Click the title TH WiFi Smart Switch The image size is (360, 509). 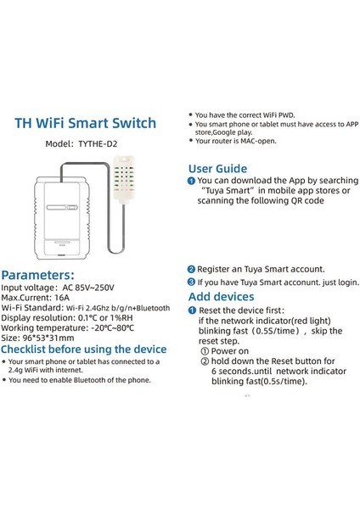pos(86,124)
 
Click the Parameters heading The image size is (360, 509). pos(43,276)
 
